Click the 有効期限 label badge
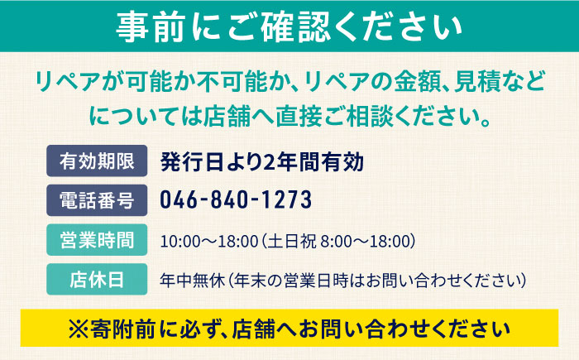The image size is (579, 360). [97, 161]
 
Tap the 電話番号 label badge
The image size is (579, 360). [97, 200]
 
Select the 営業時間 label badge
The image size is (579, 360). [97, 240]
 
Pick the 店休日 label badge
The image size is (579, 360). [97, 280]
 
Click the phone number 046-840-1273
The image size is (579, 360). [236, 200]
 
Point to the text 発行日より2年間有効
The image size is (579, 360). [262, 161]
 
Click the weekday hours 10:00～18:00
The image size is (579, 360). [209, 242]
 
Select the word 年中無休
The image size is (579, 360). [193, 281]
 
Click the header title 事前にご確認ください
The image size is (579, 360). [289, 26]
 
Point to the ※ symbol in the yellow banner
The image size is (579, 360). [79, 329]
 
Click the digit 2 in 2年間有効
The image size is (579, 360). [270, 162]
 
